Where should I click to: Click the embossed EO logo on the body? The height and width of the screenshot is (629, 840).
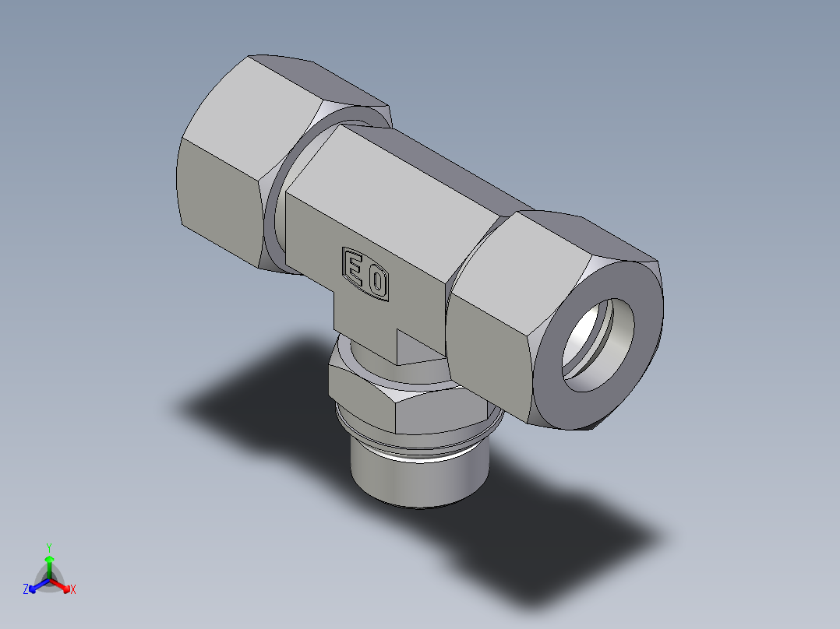click(365, 273)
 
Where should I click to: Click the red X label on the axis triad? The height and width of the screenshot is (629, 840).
click(73, 589)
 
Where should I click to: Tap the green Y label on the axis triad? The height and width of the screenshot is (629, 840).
click(48, 547)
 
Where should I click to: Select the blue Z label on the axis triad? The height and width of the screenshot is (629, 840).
click(26, 589)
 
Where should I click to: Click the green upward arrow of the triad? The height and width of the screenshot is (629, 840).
click(48, 562)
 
